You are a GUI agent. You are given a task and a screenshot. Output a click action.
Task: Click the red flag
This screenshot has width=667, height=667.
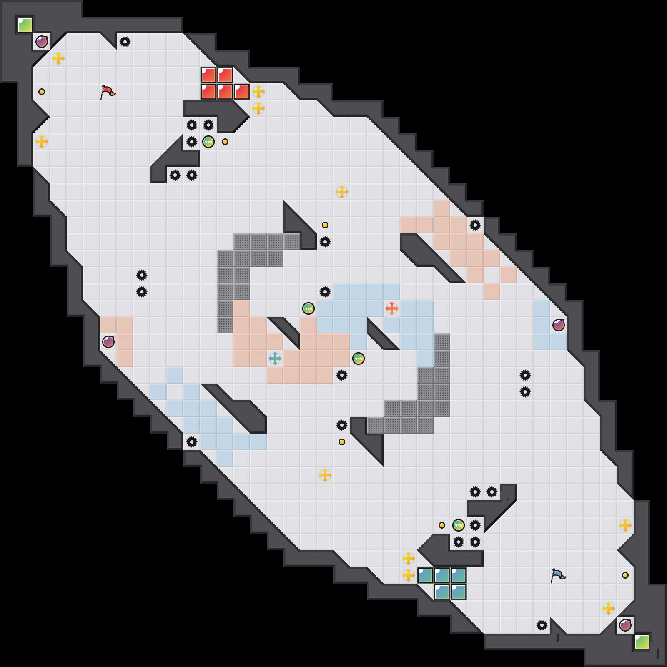108,92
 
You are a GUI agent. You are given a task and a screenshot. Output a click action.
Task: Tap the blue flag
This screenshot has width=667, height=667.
558,575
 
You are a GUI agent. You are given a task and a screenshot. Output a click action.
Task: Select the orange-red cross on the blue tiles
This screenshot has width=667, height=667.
391,308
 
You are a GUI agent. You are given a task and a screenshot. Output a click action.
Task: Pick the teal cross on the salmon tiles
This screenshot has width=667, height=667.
275,359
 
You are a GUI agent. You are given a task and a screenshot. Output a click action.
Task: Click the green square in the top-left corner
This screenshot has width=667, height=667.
25,25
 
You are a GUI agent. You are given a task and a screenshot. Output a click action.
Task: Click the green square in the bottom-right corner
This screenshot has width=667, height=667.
642,642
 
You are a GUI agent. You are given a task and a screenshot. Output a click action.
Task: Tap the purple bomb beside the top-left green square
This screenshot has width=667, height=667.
42,42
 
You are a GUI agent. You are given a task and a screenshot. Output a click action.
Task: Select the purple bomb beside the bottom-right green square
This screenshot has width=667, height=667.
625,625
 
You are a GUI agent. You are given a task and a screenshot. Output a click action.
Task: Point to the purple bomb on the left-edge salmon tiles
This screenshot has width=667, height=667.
108,342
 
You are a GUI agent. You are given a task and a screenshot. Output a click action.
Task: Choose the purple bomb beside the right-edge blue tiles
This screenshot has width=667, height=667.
559,325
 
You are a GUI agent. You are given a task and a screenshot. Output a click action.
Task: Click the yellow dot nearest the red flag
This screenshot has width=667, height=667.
42,92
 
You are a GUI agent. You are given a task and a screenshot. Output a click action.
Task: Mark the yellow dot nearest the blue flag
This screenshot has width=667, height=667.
625,575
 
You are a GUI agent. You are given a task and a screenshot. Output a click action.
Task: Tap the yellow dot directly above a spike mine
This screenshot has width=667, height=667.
325,225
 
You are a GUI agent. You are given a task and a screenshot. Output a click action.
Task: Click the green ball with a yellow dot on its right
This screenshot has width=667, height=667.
208,142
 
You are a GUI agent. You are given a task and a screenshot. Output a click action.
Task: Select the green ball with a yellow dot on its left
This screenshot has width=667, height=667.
459,525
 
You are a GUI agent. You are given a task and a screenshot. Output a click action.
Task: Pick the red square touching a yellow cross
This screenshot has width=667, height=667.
242,92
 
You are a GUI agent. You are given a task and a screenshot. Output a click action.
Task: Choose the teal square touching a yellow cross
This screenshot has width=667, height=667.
425,575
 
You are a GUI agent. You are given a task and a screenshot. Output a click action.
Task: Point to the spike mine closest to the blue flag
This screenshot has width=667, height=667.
542,625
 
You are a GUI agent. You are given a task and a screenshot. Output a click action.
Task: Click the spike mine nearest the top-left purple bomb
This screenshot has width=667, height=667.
125,42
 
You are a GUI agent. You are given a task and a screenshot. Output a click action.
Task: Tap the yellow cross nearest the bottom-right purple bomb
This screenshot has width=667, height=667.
609,609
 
